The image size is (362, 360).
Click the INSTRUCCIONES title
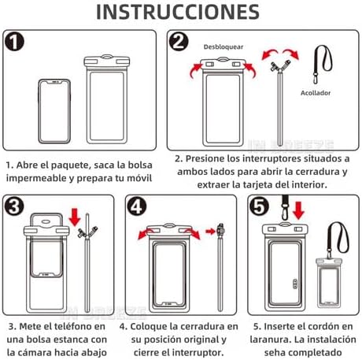pyautogui.click(x=178, y=12)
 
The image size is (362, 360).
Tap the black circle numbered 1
pyautogui.click(x=14, y=42)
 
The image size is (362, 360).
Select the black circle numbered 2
pyautogui.click(x=179, y=42)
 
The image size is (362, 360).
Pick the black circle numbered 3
pyautogui.click(x=14, y=206)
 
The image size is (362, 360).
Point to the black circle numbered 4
pyautogui.click(x=137, y=206)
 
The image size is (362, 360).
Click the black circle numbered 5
pyautogui.click(x=259, y=206)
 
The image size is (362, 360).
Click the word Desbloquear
pyautogui.click(x=223, y=47)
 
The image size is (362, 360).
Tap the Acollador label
pyautogui.click(x=316, y=93)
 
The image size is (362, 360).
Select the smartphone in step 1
pyautogui.click(x=54, y=111)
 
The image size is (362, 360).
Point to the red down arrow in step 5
pyautogui.click(x=298, y=210)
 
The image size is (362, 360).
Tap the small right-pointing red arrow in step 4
pyautogui.click(x=211, y=232)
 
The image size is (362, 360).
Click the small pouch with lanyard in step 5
pyautogui.click(x=330, y=282)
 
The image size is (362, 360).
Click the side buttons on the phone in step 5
pyautogui.click(x=295, y=284)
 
